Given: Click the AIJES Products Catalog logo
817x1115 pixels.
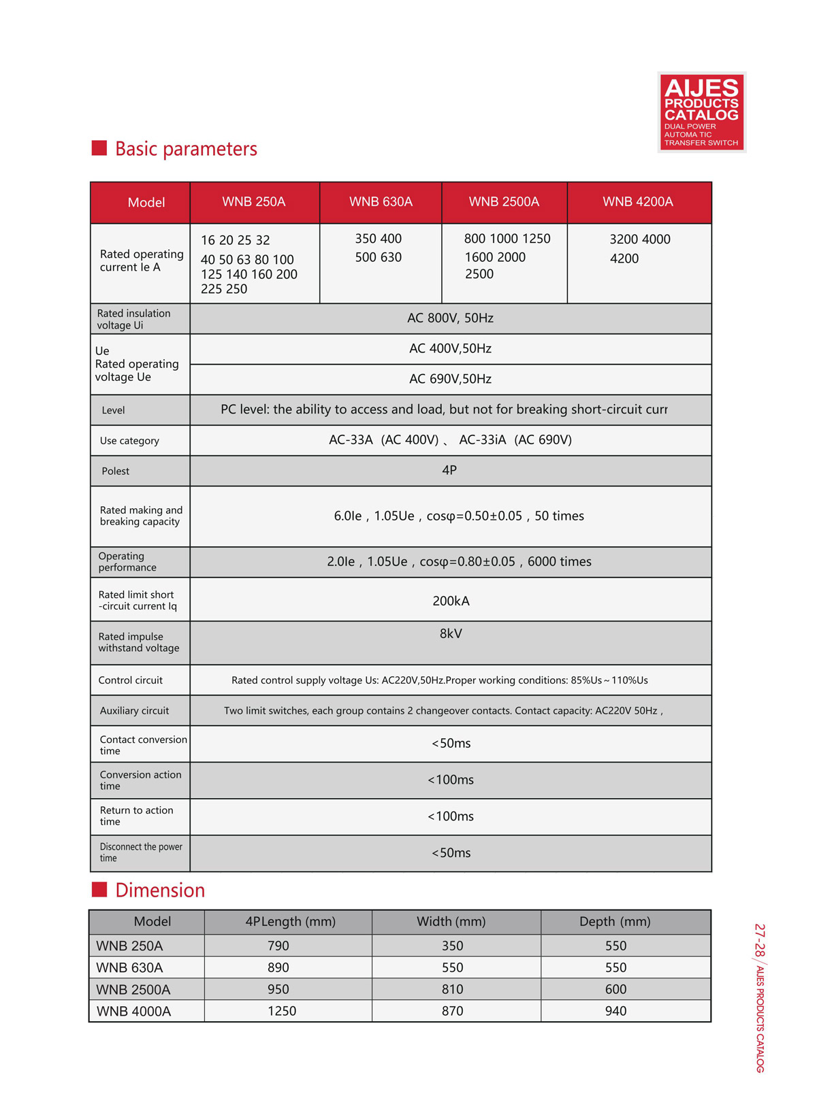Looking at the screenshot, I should click(701, 112).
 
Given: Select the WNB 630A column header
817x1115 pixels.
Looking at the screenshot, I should click(381, 202).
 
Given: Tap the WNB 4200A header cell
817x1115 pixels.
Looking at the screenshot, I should click(637, 202).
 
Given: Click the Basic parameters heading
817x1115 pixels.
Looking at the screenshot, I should click(186, 149).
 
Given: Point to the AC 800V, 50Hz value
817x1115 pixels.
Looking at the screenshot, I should click(450, 318).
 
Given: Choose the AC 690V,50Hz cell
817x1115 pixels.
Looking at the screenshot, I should click(450, 379).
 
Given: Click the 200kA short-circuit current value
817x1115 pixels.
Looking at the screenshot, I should click(451, 601).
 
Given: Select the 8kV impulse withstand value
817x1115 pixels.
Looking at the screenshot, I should click(451, 634).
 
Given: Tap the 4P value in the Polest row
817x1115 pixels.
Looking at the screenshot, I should click(449, 470).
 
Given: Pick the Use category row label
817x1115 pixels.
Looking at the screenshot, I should click(129, 441).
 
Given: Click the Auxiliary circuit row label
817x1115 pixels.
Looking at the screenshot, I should click(134, 711).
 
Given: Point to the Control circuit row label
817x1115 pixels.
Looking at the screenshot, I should click(130, 680).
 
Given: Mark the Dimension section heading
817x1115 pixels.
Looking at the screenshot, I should click(160, 891).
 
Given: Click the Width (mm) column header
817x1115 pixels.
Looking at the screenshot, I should click(451, 922).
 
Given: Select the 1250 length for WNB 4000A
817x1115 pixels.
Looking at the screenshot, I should click(282, 1012).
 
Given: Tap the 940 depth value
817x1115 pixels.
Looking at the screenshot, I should click(615, 1012).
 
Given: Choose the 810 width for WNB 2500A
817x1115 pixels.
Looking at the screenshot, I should click(452, 990).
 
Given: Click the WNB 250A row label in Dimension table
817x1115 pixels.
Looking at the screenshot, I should click(129, 946).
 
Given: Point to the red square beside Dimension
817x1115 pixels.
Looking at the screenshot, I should click(99, 890).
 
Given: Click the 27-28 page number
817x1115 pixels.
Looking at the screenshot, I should click(760, 939).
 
